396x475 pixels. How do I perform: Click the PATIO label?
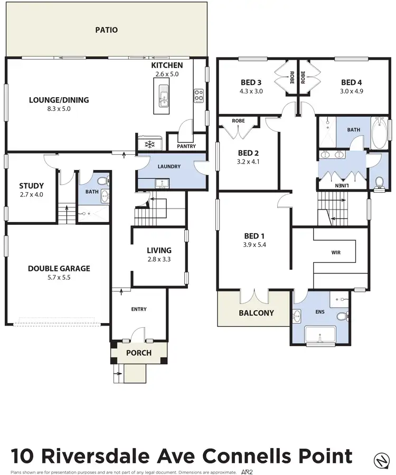(x=106, y=30)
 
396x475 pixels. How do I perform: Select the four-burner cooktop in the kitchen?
(x=199, y=96)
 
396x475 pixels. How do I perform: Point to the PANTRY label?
(x=186, y=146)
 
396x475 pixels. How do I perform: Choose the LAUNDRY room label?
(x=169, y=166)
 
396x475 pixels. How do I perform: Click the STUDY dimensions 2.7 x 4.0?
(x=31, y=195)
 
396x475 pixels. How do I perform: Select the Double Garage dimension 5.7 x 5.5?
(x=59, y=277)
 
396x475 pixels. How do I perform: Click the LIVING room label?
(x=159, y=250)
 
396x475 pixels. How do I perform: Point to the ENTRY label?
(x=139, y=309)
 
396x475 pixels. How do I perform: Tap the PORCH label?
(x=139, y=353)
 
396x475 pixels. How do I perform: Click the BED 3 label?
(x=251, y=82)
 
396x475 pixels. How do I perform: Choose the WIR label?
(x=335, y=252)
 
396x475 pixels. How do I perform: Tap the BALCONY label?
(x=256, y=312)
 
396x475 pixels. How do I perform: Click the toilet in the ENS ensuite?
(x=342, y=317)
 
